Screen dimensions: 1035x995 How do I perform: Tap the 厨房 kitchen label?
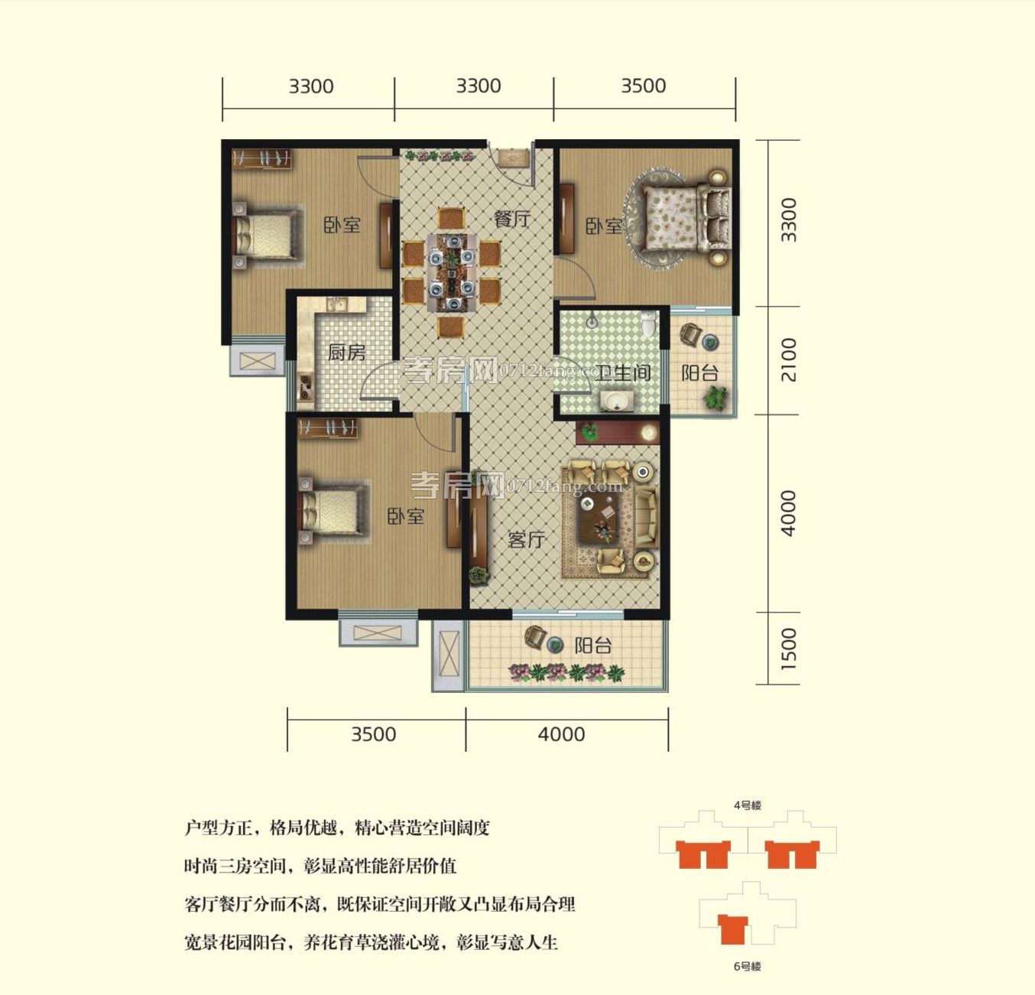(x=346, y=353)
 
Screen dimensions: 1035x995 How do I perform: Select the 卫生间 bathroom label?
(x=623, y=372)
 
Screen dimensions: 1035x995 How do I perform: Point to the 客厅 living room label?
(x=526, y=540)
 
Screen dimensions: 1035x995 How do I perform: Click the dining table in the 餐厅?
(x=452, y=272)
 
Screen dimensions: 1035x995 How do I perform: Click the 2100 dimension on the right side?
(x=790, y=359)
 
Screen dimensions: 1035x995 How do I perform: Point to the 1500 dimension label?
(x=790, y=649)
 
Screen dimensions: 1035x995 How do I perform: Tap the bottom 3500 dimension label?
(x=373, y=734)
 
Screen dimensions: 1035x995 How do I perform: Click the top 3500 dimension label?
(x=643, y=86)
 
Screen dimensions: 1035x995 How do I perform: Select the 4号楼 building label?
(x=748, y=805)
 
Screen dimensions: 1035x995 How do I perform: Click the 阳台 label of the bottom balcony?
(x=593, y=645)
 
